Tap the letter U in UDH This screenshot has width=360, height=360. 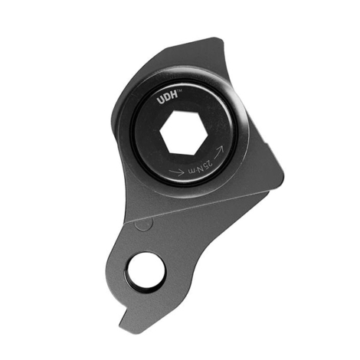tap(161, 100)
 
